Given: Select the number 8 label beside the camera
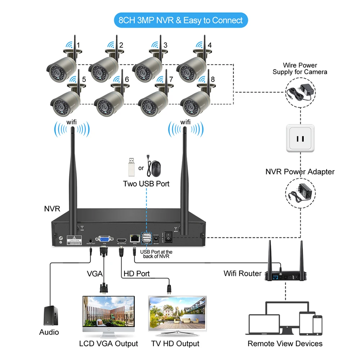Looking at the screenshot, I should coord(212,78).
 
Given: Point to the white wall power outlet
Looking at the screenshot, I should coord(300,138).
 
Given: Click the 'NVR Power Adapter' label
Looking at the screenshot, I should coord(300,172).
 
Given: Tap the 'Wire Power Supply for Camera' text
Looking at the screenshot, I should coord(300,68).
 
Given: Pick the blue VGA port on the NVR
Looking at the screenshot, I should coord(104,239).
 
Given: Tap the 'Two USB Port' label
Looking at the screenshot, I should coord(146,184).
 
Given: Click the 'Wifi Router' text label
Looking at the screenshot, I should coord(242,273).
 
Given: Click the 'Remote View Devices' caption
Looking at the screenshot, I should coord(285,343).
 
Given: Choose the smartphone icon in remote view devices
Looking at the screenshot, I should coord(317,325).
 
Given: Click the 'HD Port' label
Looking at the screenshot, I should coord(136,274).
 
